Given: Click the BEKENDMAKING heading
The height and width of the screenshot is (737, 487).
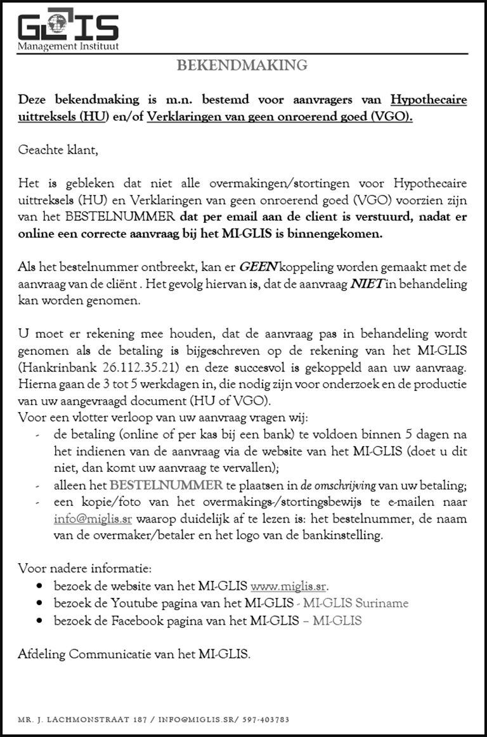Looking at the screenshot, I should coord(242,65).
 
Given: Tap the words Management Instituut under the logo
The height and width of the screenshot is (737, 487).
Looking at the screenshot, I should coord(68,46).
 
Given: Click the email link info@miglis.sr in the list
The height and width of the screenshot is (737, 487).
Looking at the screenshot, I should coord(93,518).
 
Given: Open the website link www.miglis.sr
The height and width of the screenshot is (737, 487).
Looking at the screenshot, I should coord(290,585).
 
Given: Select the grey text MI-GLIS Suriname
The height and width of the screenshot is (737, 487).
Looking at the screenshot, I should coord(356,602).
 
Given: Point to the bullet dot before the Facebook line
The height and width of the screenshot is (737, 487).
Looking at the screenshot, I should coord(41,620).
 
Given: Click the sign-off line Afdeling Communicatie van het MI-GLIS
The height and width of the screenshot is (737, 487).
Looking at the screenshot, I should coord(134,654).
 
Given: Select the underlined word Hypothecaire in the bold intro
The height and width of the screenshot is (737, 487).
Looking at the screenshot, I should coord(429,100).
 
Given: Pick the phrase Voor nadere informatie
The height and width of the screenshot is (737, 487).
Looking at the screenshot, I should coord(85,568).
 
